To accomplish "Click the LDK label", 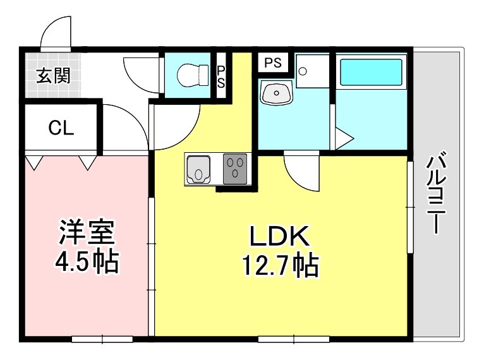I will (x=279, y=237).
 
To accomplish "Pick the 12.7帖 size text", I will (x=279, y=266).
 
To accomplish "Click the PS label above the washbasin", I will (x=272, y=63).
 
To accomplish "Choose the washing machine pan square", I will (x=312, y=71).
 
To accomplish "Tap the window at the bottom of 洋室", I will (x=102, y=339).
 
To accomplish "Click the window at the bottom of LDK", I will (x=294, y=339).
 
